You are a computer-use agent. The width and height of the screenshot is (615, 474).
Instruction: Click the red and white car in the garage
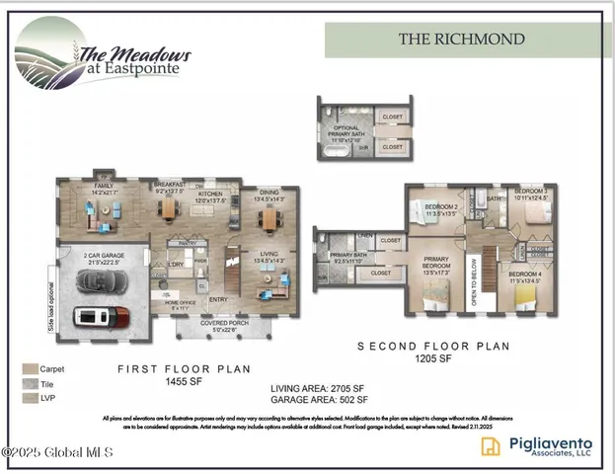click(x=102, y=317)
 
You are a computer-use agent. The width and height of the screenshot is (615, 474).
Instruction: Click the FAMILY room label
click(x=103, y=188)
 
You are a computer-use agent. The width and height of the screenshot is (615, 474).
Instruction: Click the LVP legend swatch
click(x=31, y=398)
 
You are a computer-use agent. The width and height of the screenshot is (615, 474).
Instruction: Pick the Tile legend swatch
click(x=31, y=383)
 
